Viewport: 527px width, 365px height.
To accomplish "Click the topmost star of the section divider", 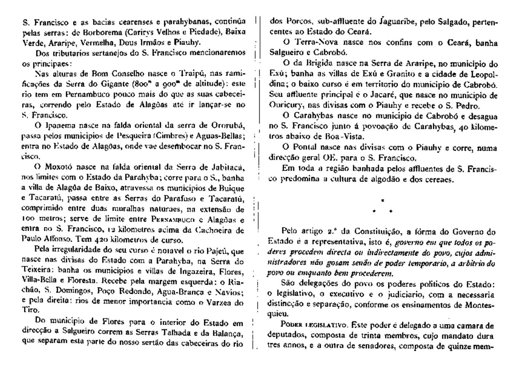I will (382, 200).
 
